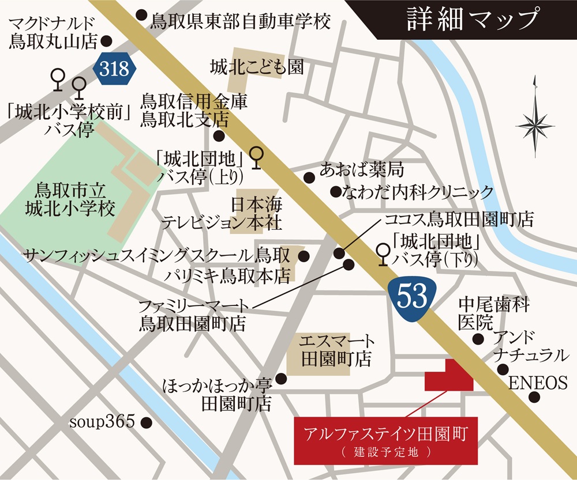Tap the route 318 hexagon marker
click(x=115, y=69)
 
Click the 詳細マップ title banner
click(x=472, y=19)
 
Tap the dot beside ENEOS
click(x=535, y=396)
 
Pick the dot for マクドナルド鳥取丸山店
click(x=106, y=41)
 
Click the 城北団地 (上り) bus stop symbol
click(x=257, y=156)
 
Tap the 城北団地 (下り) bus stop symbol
click(x=382, y=254)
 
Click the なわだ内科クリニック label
click(x=418, y=192)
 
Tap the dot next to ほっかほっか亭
click(x=281, y=379)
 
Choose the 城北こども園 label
click(x=256, y=67)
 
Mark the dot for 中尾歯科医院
click(x=478, y=339)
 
